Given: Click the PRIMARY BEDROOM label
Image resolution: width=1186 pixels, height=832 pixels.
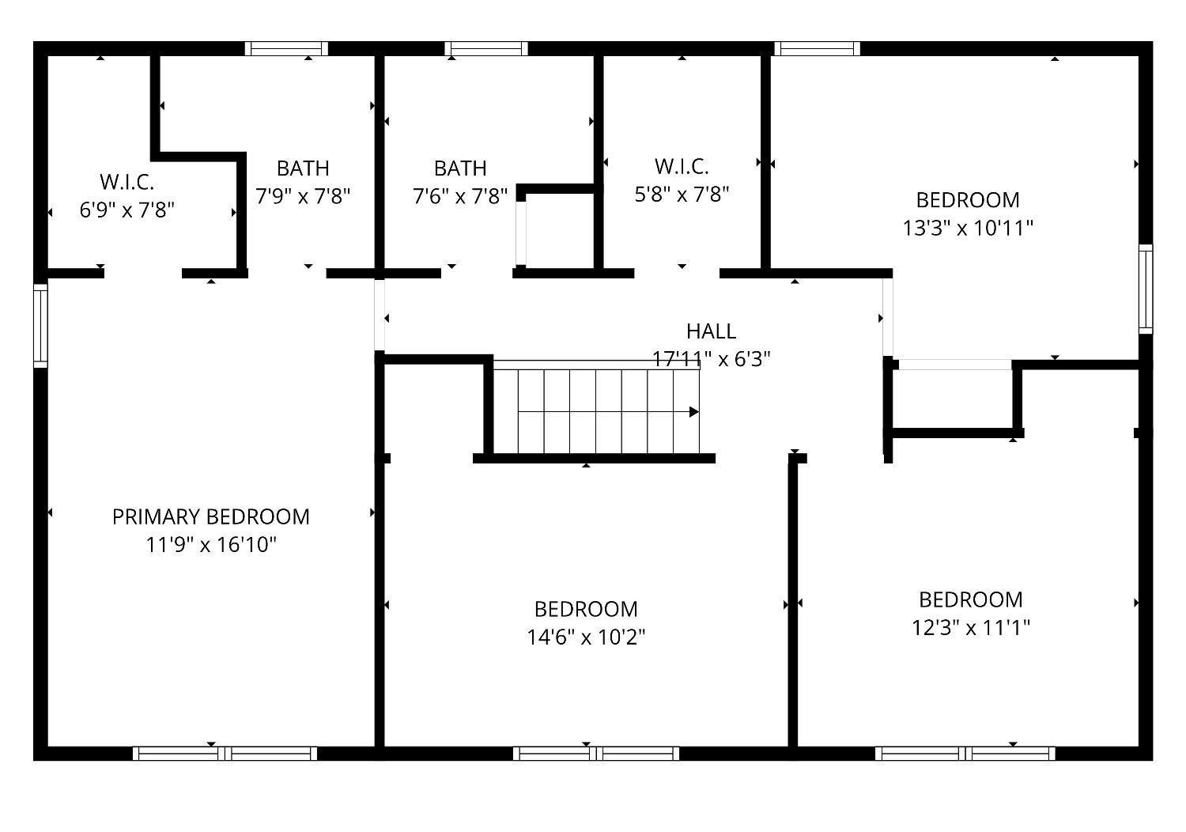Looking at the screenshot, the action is pyautogui.click(x=211, y=516).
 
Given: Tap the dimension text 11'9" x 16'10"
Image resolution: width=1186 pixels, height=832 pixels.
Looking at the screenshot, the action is pyautogui.click(x=211, y=544).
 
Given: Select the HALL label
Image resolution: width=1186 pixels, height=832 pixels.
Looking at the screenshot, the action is pyautogui.click(x=711, y=331).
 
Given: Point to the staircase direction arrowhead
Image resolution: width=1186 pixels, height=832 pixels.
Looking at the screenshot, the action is pyautogui.click(x=694, y=412).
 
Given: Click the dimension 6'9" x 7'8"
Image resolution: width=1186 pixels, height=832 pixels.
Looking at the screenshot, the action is pyautogui.click(x=127, y=210).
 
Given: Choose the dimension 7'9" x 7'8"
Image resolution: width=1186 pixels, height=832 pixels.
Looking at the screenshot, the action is pyautogui.click(x=303, y=196).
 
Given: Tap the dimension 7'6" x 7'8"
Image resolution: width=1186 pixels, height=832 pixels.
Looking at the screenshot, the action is pyautogui.click(x=460, y=196).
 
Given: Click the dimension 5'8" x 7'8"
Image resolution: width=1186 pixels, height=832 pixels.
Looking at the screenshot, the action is pyautogui.click(x=682, y=195).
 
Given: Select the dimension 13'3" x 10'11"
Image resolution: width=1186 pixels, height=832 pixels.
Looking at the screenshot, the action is pyautogui.click(x=968, y=229).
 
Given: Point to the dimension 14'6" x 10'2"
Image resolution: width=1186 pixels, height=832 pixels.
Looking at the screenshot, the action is pyautogui.click(x=586, y=637).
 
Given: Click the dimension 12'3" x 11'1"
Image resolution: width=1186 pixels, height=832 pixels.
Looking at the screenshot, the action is pyautogui.click(x=970, y=628).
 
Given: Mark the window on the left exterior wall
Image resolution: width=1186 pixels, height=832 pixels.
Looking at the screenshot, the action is pyautogui.click(x=41, y=326).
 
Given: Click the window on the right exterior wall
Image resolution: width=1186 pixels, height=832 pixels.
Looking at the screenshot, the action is pyautogui.click(x=1146, y=289).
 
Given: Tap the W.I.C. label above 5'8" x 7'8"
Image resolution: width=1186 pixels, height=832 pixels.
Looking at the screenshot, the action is pyautogui.click(x=682, y=166).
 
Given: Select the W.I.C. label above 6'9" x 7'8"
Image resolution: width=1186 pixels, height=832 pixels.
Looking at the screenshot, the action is pyautogui.click(x=127, y=182).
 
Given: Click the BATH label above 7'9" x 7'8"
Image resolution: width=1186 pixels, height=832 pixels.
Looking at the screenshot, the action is pyautogui.click(x=303, y=168).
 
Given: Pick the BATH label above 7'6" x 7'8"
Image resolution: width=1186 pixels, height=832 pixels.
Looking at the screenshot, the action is pyautogui.click(x=460, y=168).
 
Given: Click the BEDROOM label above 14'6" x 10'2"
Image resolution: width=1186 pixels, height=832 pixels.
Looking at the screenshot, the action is pyautogui.click(x=586, y=609).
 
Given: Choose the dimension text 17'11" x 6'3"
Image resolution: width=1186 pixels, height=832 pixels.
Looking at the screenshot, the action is pyautogui.click(x=711, y=359).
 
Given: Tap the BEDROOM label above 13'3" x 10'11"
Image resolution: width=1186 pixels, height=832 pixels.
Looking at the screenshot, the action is pyautogui.click(x=968, y=200).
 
